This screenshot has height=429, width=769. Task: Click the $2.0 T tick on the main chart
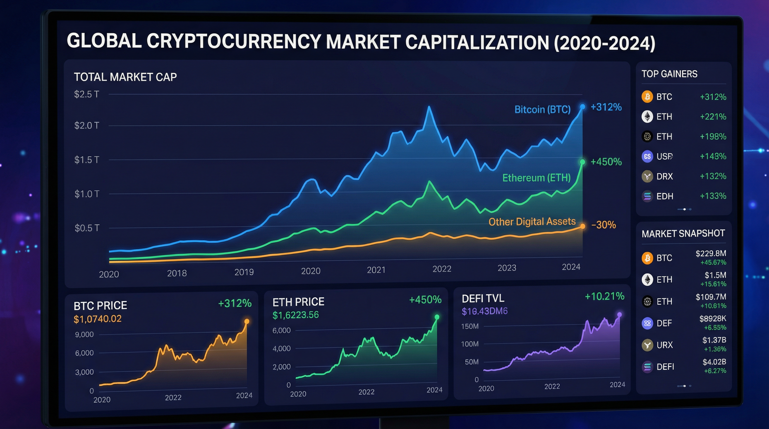pos(86,125)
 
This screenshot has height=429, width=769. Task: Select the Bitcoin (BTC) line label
pos(542,109)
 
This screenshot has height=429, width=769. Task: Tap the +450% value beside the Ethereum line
pos(606,162)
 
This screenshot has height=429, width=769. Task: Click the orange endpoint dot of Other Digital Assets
pos(582,226)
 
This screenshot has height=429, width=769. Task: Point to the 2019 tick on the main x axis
pos(244,272)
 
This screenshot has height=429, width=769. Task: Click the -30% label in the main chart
pos(603,225)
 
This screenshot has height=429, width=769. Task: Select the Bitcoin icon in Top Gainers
pos(647,97)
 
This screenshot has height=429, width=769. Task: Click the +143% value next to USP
pos(713,156)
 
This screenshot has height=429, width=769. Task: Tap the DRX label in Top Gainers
pos(664,176)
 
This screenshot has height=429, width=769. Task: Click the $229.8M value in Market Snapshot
pos(711,253)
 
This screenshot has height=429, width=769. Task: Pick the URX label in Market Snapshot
pos(664,345)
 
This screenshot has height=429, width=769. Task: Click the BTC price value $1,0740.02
pos(98,319)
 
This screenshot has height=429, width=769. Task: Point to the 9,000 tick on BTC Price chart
pos(84,334)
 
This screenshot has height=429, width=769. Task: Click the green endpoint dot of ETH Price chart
pos(437,317)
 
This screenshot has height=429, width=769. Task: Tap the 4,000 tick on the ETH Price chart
pos(281,349)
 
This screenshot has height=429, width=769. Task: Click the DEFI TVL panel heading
pos(483,298)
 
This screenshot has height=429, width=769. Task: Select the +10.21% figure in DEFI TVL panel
pos(604,296)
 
